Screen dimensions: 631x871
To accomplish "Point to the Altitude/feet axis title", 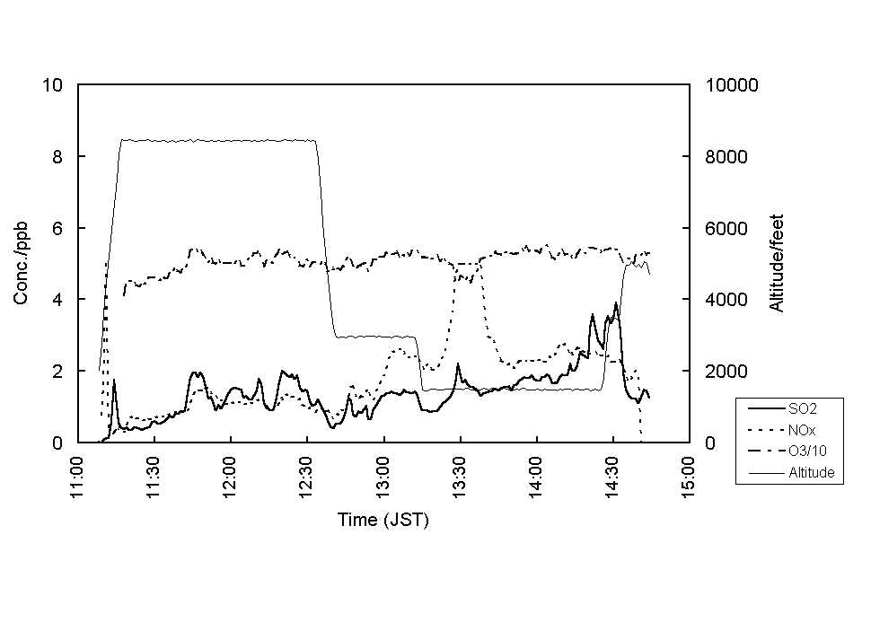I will (777, 263).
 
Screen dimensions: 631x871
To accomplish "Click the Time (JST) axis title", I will (383, 520).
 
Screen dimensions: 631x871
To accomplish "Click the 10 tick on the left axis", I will (53, 85).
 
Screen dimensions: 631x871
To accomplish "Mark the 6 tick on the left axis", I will (57, 228).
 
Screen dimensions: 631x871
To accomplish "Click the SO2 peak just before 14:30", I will (616, 303).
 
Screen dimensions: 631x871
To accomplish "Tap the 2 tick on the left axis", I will (57, 371).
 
